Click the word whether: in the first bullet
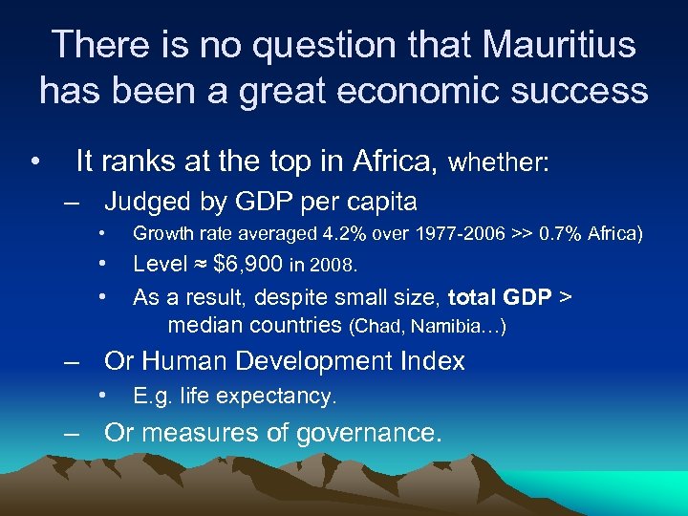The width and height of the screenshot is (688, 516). [x=499, y=163]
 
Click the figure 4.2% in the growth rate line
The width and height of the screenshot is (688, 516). [x=340, y=234]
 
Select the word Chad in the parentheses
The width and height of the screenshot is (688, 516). [x=377, y=326]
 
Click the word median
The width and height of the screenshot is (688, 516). [x=205, y=325]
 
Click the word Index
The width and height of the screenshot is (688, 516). [x=433, y=361]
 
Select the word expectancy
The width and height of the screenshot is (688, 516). [x=287, y=396]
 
